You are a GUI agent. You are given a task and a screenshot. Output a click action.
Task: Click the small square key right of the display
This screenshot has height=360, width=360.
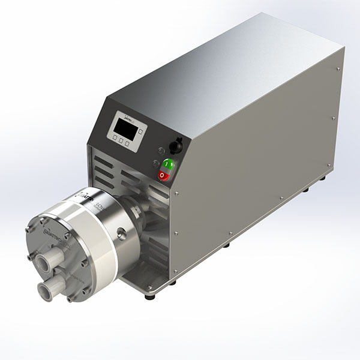(139, 130)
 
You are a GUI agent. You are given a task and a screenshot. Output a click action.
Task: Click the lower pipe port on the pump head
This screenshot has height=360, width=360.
(47, 290)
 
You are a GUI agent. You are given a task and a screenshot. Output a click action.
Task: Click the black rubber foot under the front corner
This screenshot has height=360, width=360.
(149, 296)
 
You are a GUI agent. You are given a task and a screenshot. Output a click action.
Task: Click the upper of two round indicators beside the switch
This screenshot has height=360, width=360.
(160, 152)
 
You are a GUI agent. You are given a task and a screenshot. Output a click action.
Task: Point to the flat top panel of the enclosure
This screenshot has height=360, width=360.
(228, 66)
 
